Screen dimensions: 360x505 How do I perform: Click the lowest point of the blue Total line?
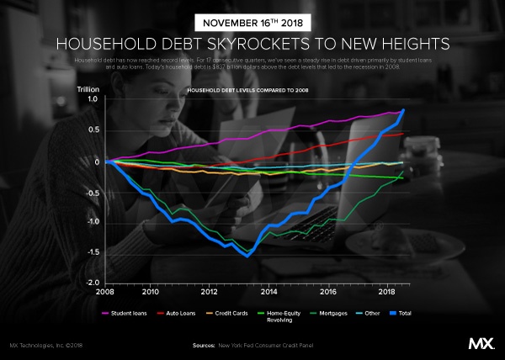point(247,255)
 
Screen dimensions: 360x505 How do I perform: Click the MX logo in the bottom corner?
point(481,344)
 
